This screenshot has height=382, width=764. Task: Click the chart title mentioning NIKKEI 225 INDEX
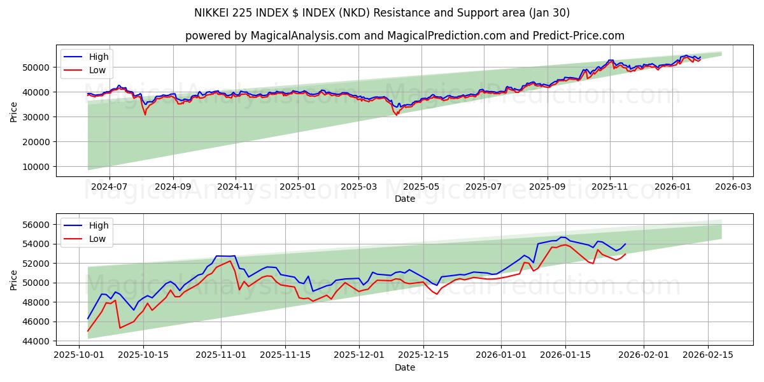tap(382, 13)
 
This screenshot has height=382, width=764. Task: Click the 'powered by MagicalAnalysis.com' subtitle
tap(404, 36)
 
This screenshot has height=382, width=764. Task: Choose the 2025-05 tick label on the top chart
tap(421, 187)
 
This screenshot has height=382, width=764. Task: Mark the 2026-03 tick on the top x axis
tap(732, 187)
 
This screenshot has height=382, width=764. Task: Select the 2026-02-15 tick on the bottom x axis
tap(708, 355)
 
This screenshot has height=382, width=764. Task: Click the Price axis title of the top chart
tap(14, 111)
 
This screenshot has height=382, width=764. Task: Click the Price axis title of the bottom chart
tap(14, 279)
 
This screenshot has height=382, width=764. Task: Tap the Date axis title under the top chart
tap(404, 199)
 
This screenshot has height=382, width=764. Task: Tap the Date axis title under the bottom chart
tap(404, 367)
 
